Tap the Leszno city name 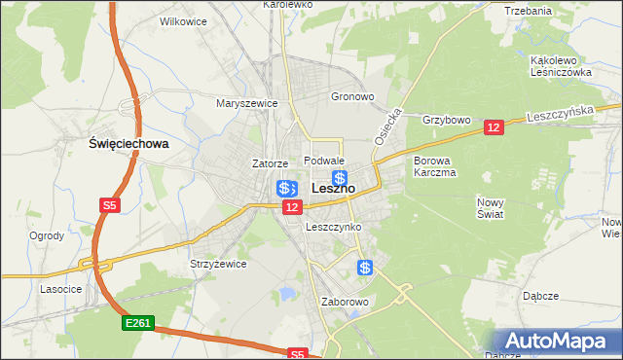[x=333, y=188]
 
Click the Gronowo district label [x=352, y=97]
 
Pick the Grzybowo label [x=446, y=121]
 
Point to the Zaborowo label [x=345, y=302]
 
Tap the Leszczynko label [x=333, y=227]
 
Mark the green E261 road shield [x=136, y=323]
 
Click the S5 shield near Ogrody [x=109, y=205]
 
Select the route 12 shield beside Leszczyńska [x=493, y=127]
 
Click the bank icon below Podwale [x=340, y=178]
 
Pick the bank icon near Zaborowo [x=365, y=268]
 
